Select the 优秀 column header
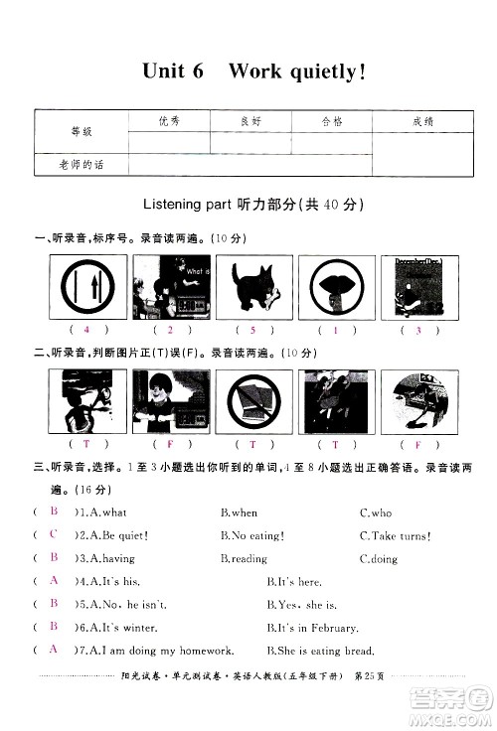pyautogui.click(x=170, y=121)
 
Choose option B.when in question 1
pyautogui.click(x=239, y=512)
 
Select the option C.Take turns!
pyautogui.click(x=395, y=535)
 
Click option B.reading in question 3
pyautogui.click(x=244, y=558)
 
